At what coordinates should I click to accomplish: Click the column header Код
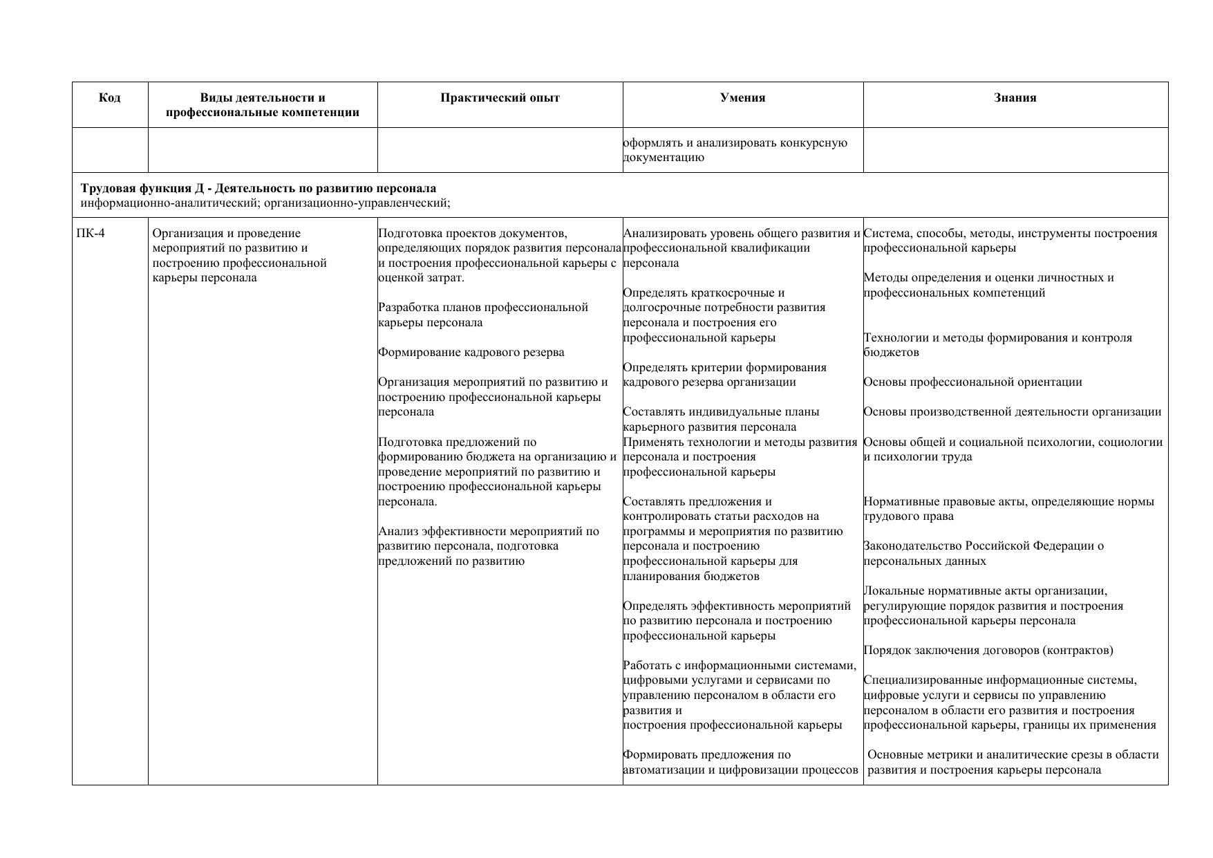coord(110,97)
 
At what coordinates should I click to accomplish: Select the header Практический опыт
coord(500,97)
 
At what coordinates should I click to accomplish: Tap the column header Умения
coord(742,97)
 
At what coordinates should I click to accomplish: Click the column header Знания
coord(1015,97)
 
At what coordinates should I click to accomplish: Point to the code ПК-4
coord(91,233)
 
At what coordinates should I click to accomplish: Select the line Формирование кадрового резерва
coord(471,352)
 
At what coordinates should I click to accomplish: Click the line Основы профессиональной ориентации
coord(972,382)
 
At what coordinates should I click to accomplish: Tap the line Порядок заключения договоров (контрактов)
coord(988,650)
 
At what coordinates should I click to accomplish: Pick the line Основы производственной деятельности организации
coord(1012,411)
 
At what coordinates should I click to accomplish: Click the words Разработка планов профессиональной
coord(482,307)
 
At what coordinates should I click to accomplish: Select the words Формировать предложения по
coord(706,754)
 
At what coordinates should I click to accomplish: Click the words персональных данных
coord(924,561)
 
